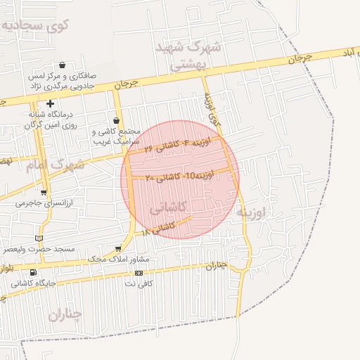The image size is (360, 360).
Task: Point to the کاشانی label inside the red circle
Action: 168,205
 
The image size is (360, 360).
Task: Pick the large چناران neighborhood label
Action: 65,314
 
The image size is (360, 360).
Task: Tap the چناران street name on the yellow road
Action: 217,265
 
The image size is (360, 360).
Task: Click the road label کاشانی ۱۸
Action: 157,229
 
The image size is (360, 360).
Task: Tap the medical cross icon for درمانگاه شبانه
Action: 51,104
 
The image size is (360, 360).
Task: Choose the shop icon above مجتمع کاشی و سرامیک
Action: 116,121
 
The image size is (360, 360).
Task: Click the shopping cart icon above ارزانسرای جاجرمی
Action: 44,193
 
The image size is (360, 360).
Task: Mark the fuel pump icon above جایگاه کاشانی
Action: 33,273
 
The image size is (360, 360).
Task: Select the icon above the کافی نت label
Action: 139,273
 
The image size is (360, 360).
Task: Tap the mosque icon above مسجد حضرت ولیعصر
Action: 38,238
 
